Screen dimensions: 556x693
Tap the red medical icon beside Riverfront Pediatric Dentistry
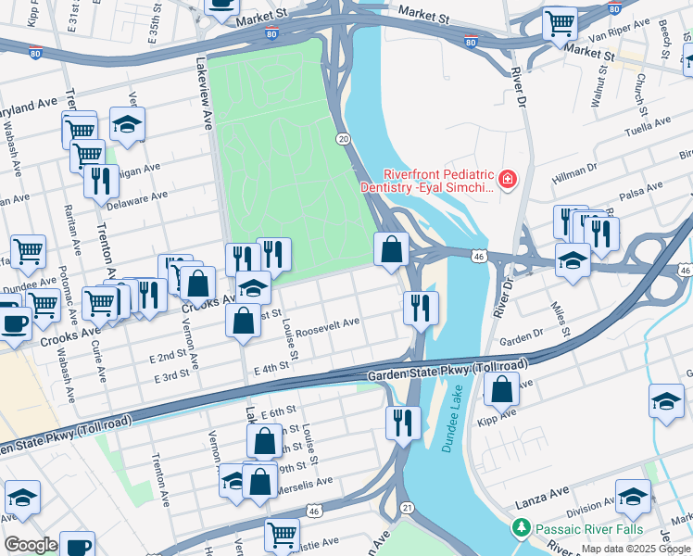tap(507, 181)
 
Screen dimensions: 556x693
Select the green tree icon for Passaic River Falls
tap(521, 528)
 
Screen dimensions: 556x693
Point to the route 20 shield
tap(343, 138)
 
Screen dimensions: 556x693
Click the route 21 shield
tap(407, 507)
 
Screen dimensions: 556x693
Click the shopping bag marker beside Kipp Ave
tap(501, 388)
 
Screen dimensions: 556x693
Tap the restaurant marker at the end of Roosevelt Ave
tap(422, 307)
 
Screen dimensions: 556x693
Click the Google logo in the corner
tap(31, 545)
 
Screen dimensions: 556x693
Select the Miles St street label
tap(558, 313)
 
